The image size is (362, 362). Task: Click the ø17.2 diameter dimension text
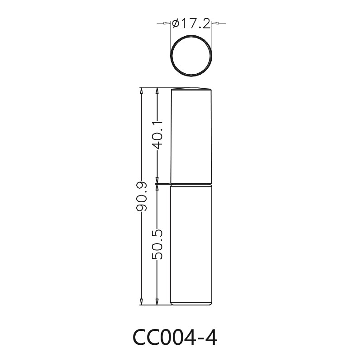[192, 23]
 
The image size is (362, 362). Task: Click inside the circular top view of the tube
[191, 57]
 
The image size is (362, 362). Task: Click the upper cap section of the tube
[191, 136]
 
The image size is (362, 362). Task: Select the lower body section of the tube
[191, 242]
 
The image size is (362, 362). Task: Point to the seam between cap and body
[191, 183]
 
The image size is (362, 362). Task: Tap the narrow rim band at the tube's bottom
[191, 303]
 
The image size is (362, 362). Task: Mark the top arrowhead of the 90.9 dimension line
[141, 91]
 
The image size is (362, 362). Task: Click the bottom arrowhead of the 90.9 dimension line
[141, 302]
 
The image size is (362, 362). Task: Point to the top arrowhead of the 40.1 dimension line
[157, 91]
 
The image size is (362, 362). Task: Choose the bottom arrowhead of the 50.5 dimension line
[157, 302]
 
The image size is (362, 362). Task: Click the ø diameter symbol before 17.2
[176, 23]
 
